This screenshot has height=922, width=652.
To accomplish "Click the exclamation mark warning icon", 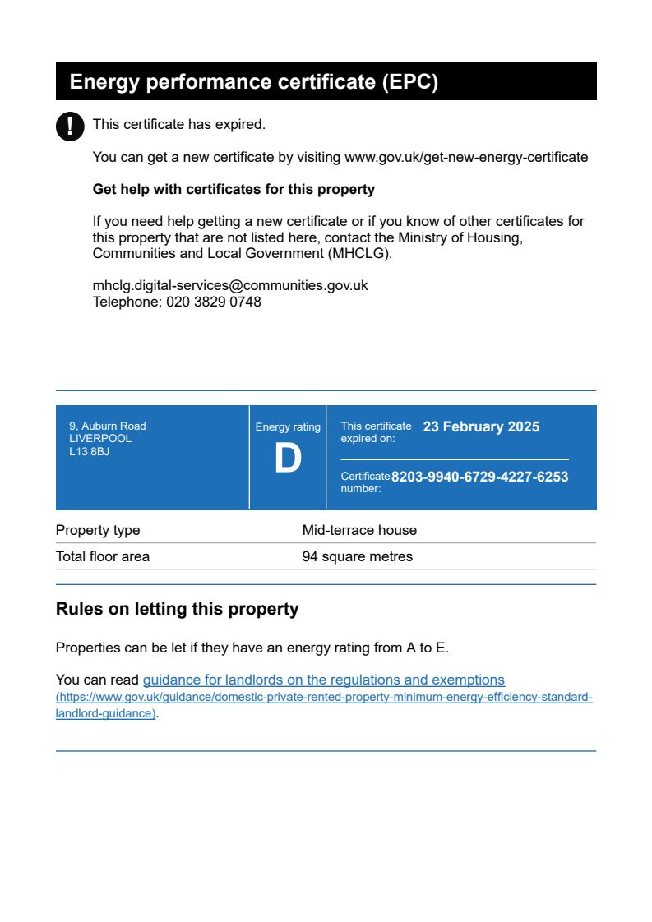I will (x=70, y=126).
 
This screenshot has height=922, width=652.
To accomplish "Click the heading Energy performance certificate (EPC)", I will (x=254, y=82).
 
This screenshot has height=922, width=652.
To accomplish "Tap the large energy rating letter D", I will (x=288, y=459).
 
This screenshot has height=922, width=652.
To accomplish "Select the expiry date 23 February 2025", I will (x=481, y=426).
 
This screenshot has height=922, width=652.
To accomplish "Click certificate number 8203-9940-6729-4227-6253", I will (x=479, y=477).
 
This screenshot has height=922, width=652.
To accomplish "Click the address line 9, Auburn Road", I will (x=108, y=426).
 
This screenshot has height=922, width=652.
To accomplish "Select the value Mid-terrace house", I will (x=359, y=530).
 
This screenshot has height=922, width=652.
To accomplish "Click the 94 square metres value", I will (x=358, y=556).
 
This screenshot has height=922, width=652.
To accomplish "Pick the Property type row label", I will (x=98, y=530).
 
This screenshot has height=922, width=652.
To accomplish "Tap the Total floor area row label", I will (x=103, y=556).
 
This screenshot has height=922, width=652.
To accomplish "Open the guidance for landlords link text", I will (x=323, y=680).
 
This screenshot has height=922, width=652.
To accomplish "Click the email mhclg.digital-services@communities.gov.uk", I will (x=230, y=285).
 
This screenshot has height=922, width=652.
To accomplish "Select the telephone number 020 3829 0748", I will (x=214, y=302).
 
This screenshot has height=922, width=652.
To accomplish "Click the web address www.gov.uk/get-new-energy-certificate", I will (x=466, y=157).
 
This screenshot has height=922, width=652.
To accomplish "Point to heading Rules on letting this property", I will (x=177, y=609).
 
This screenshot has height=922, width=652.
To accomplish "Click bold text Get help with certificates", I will (x=234, y=189).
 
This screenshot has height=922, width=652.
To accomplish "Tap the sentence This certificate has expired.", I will (x=179, y=125).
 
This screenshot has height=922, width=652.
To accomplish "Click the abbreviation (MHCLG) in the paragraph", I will (x=359, y=253).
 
